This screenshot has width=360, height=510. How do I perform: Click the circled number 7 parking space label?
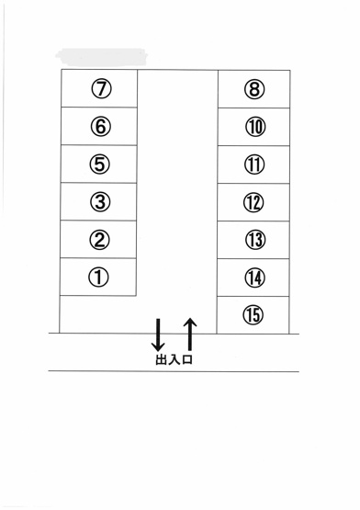coord(101,88)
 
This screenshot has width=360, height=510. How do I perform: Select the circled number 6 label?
coord(100,126)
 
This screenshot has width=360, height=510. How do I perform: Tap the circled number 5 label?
coord(100,164)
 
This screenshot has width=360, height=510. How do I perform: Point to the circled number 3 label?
coord(100,201)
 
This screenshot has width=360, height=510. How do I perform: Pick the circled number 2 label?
coord(99,240)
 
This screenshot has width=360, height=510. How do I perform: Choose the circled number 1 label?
coord(98,278)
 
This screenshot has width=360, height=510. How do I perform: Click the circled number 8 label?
coord(254,89)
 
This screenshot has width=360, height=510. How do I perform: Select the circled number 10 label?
coord(255,127)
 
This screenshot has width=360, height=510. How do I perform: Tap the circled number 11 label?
coord(254,164)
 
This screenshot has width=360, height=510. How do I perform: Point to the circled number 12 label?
coord(253,202)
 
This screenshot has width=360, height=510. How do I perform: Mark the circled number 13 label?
coord(255,240)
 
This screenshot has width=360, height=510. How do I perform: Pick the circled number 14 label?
coord(254,278)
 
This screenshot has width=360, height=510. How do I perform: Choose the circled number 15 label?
coord(253,314)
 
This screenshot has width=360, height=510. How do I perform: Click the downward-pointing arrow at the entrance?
coord(158,335)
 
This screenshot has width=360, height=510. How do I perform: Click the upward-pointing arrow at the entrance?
coord(190,334)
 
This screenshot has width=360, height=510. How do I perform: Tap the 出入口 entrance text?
coord(174,359)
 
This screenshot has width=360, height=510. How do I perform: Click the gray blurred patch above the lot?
coord(101,57)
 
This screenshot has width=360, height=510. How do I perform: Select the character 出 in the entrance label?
coord(161,359)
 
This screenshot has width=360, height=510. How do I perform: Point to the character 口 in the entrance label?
coord(187,359)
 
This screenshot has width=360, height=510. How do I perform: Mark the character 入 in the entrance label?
coord(174,359)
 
